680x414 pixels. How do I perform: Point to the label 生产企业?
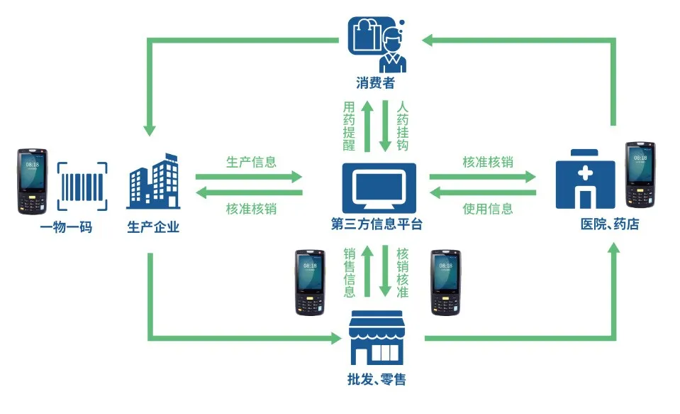(153, 227)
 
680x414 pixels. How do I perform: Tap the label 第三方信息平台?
(377, 225)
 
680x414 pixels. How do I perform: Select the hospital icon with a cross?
(585, 178)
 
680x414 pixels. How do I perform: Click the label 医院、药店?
(610, 224)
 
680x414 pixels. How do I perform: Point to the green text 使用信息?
(487, 209)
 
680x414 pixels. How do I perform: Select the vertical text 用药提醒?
(349, 126)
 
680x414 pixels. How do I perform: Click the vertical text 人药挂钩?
(403, 126)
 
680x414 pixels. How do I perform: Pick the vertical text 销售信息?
(349, 273)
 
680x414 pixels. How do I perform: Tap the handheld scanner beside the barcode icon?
(33, 181)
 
